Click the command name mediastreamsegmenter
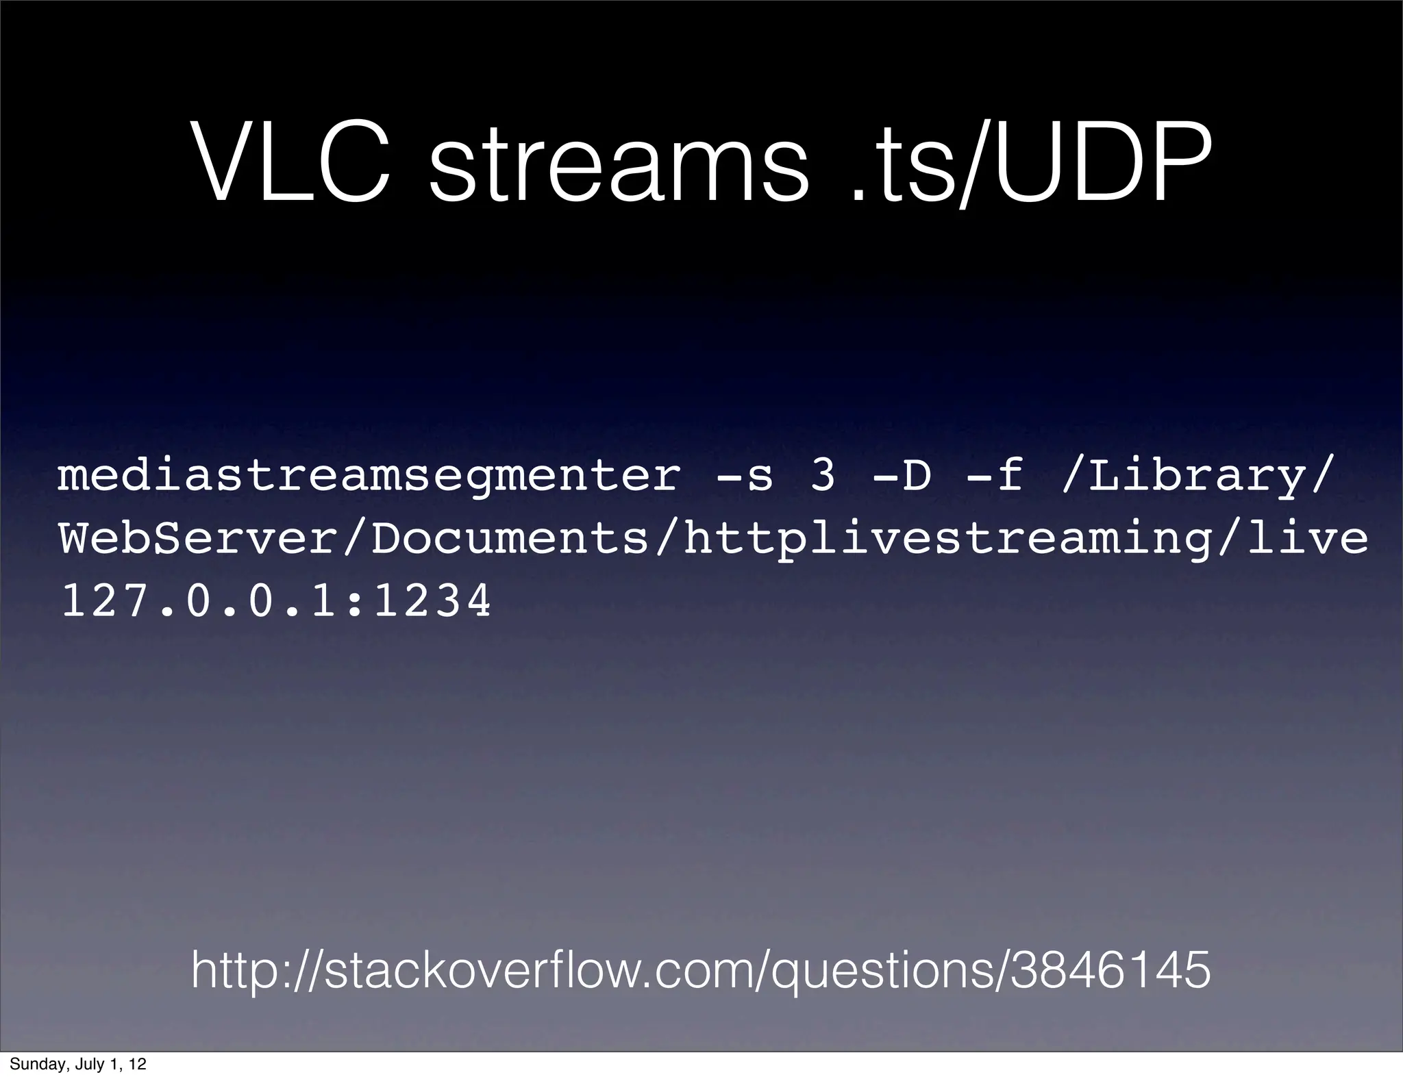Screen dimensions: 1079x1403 [369, 478]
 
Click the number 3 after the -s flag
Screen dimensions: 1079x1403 [822, 477]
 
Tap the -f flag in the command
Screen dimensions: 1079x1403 [993, 477]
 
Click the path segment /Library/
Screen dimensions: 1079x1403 [1196, 478]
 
